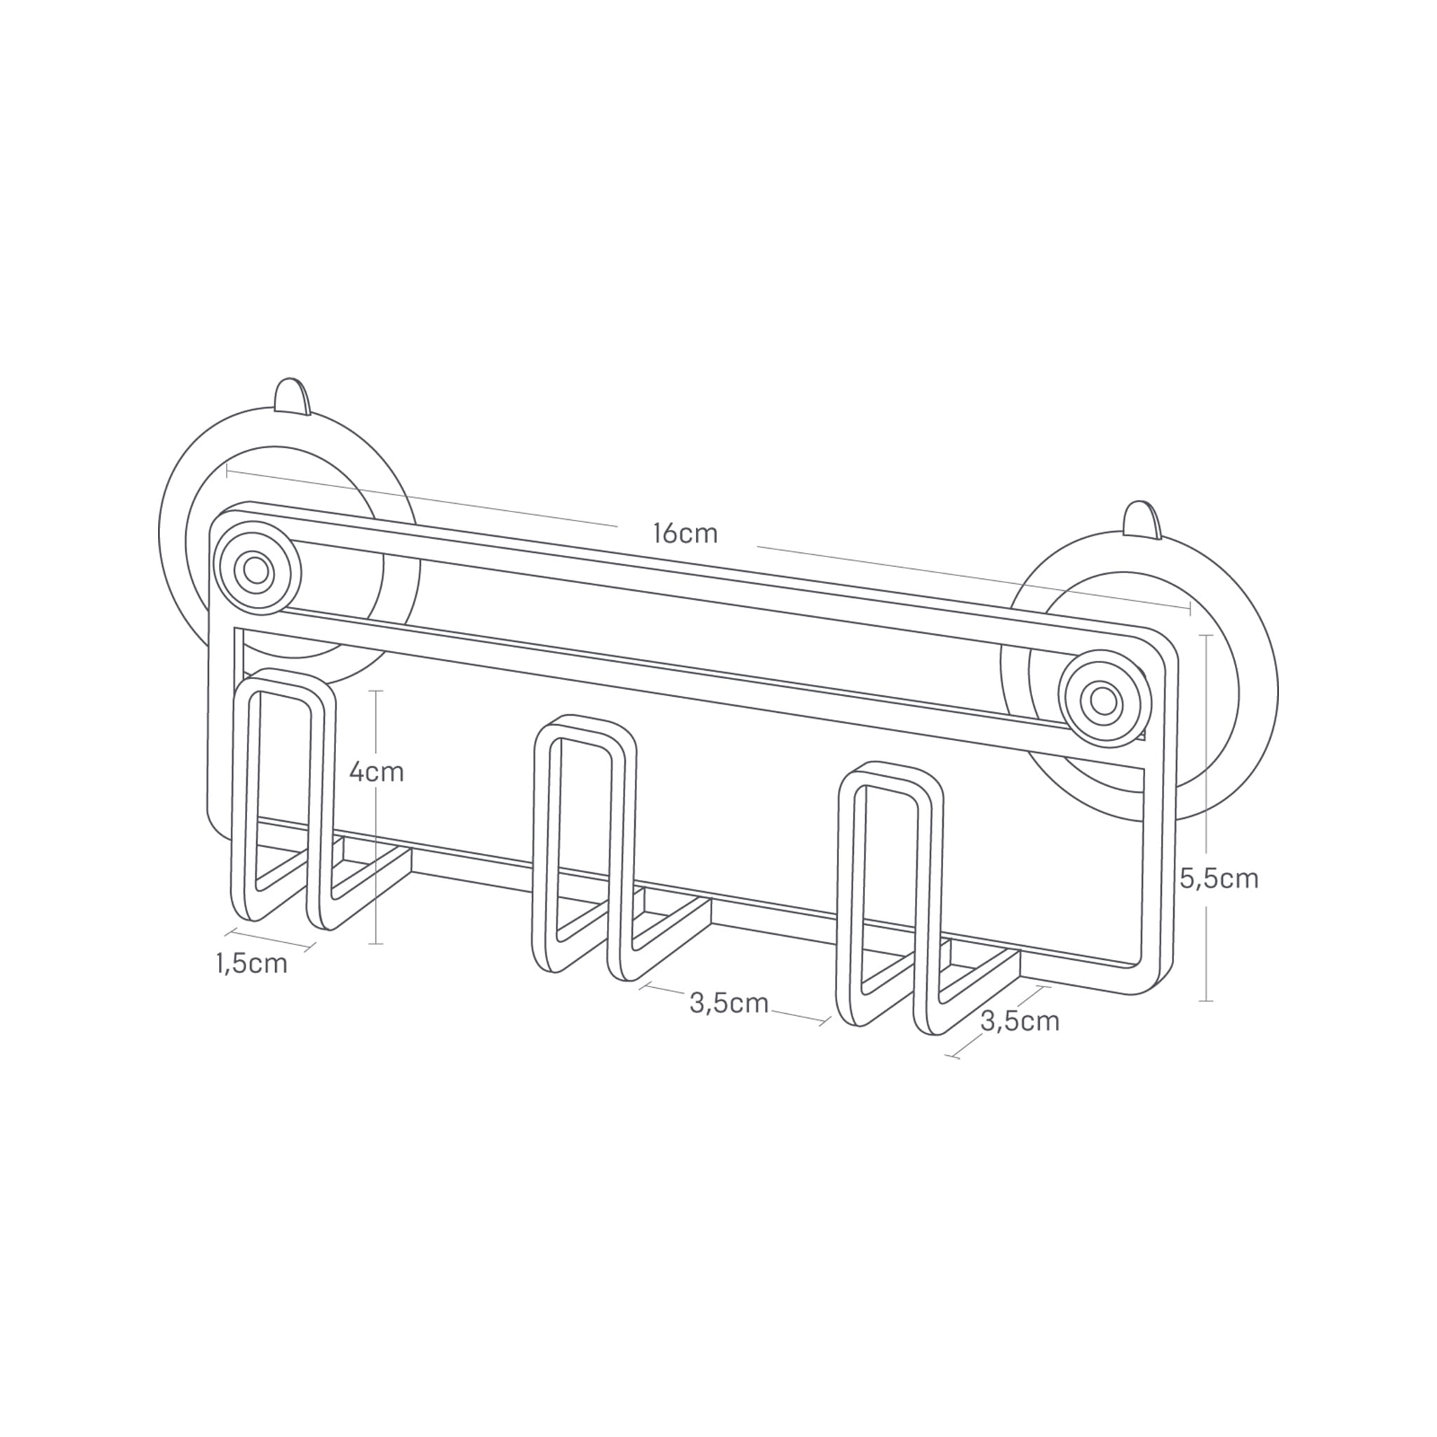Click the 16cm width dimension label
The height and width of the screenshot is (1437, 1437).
[685, 533]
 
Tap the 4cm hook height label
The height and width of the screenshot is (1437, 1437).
[376, 772]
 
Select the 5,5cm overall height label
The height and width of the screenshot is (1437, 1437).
[1219, 878]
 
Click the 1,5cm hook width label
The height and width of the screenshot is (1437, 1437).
[251, 963]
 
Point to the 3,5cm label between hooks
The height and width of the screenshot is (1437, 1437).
[728, 1003]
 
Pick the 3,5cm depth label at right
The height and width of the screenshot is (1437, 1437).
[1020, 1020]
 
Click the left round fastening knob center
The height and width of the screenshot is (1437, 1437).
[257, 571]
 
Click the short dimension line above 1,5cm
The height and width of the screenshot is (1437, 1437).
[272, 938]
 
